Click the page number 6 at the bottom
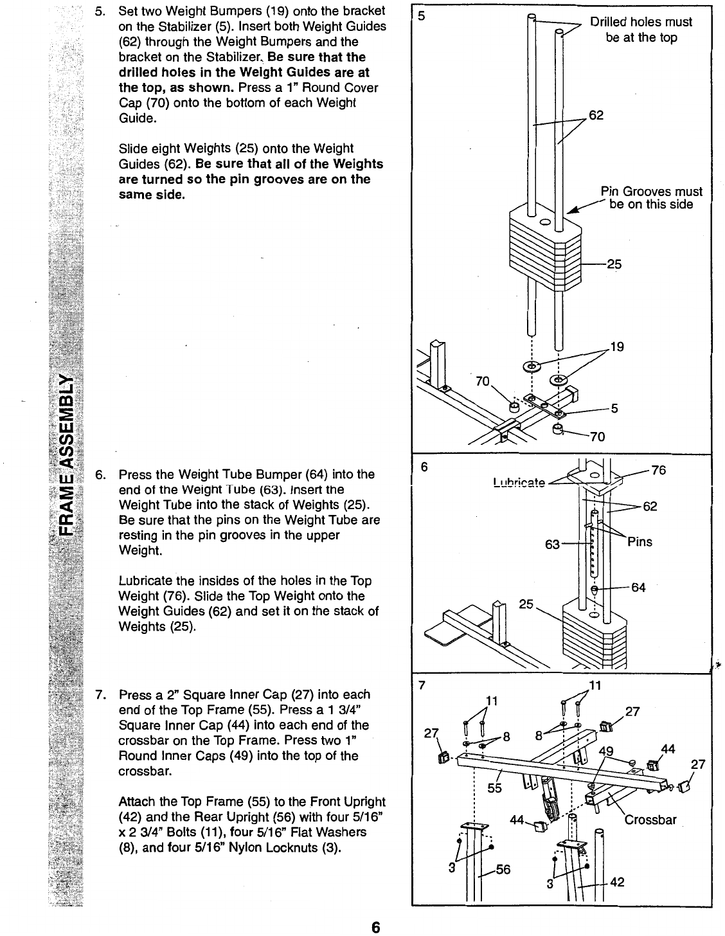click(376, 926)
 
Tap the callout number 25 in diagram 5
click(614, 264)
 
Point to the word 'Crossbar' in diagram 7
click(650, 820)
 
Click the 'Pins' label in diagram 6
click(640, 542)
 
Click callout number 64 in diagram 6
click(638, 587)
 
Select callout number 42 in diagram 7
click(616, 882)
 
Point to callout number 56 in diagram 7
click(502, 870)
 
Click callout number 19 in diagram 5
click(617, 348)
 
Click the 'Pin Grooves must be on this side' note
click(651, 198)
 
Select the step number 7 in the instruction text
click(99, 694)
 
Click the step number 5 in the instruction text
click(99, 11)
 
